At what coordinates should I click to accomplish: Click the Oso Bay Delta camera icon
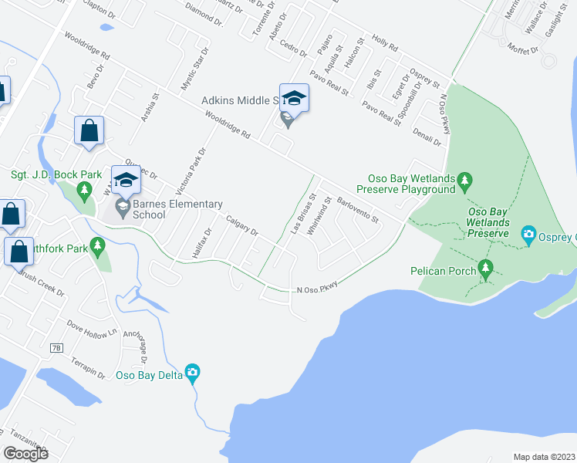[193, 373]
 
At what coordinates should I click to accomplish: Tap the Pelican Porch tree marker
[485, 268]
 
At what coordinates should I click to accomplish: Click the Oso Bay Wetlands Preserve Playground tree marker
[464, 181]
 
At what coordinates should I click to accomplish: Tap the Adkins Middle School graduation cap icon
[294, 98]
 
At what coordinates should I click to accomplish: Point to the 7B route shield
[56, 348]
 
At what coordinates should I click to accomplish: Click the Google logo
[25, 453]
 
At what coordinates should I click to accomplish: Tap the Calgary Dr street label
[241, 226]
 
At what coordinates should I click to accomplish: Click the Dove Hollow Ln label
[89, 328]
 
